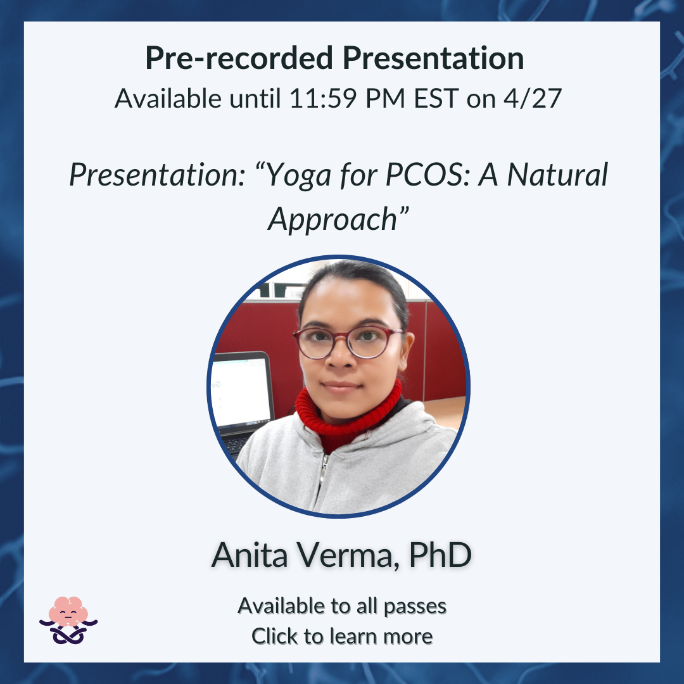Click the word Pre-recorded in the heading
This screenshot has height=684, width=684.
pyautogui.click(x=239, y=58)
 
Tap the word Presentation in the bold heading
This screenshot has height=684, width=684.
pyautogui.click(x=433, y=58)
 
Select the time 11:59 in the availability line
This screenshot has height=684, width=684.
pyautogui.click(x=323, y=98)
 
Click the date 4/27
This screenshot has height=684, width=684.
pyautogui.click(x=532, y=98)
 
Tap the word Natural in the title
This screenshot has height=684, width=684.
pyautogui.click(x=557, y=175)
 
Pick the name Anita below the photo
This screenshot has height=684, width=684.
pyautogui.click(x=250, y=555)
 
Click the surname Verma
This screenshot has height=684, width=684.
pyautogui.click(x=348, y=555)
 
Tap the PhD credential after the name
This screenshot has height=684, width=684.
pyautogui.click(x=440, y=554)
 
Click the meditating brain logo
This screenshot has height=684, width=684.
pyautogui.click(x=68, y=620)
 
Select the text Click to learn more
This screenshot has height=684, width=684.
pyautogui.click(x=342, y=636)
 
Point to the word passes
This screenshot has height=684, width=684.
pyautogui.click(x=415, y=607)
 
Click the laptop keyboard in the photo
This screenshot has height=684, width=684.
pyautogui.click(x=236, y=443)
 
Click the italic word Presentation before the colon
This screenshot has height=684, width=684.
pyautogui.click(x=157, y=175)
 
